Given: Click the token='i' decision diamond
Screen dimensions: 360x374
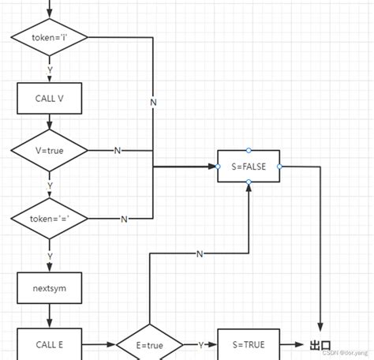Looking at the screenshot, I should (50, 37).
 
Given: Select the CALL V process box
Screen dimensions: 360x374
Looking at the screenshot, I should (50, 99).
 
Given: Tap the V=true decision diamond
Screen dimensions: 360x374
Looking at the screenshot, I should (50, 150).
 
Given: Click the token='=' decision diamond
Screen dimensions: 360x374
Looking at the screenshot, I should (50, 218).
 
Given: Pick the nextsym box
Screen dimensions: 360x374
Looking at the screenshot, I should (50, 288).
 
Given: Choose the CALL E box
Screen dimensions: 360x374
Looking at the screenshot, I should (50, 344).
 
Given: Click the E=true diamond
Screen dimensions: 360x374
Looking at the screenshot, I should (149, 345).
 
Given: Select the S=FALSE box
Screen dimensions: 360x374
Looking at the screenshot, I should (249, 167).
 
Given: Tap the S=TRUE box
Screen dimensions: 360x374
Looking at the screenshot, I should (249, 344).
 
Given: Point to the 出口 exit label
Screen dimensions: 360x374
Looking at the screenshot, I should (320, 345).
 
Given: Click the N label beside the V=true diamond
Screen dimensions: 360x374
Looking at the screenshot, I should (118, 151).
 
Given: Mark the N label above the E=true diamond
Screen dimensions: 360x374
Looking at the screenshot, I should (199, 254).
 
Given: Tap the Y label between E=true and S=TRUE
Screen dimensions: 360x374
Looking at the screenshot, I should (201, 345).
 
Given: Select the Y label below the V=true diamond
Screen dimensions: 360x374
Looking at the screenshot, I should (50, 186).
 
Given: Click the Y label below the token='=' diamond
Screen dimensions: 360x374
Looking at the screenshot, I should (50, 255).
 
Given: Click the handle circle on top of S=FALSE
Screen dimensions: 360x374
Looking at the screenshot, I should (249, 150).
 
